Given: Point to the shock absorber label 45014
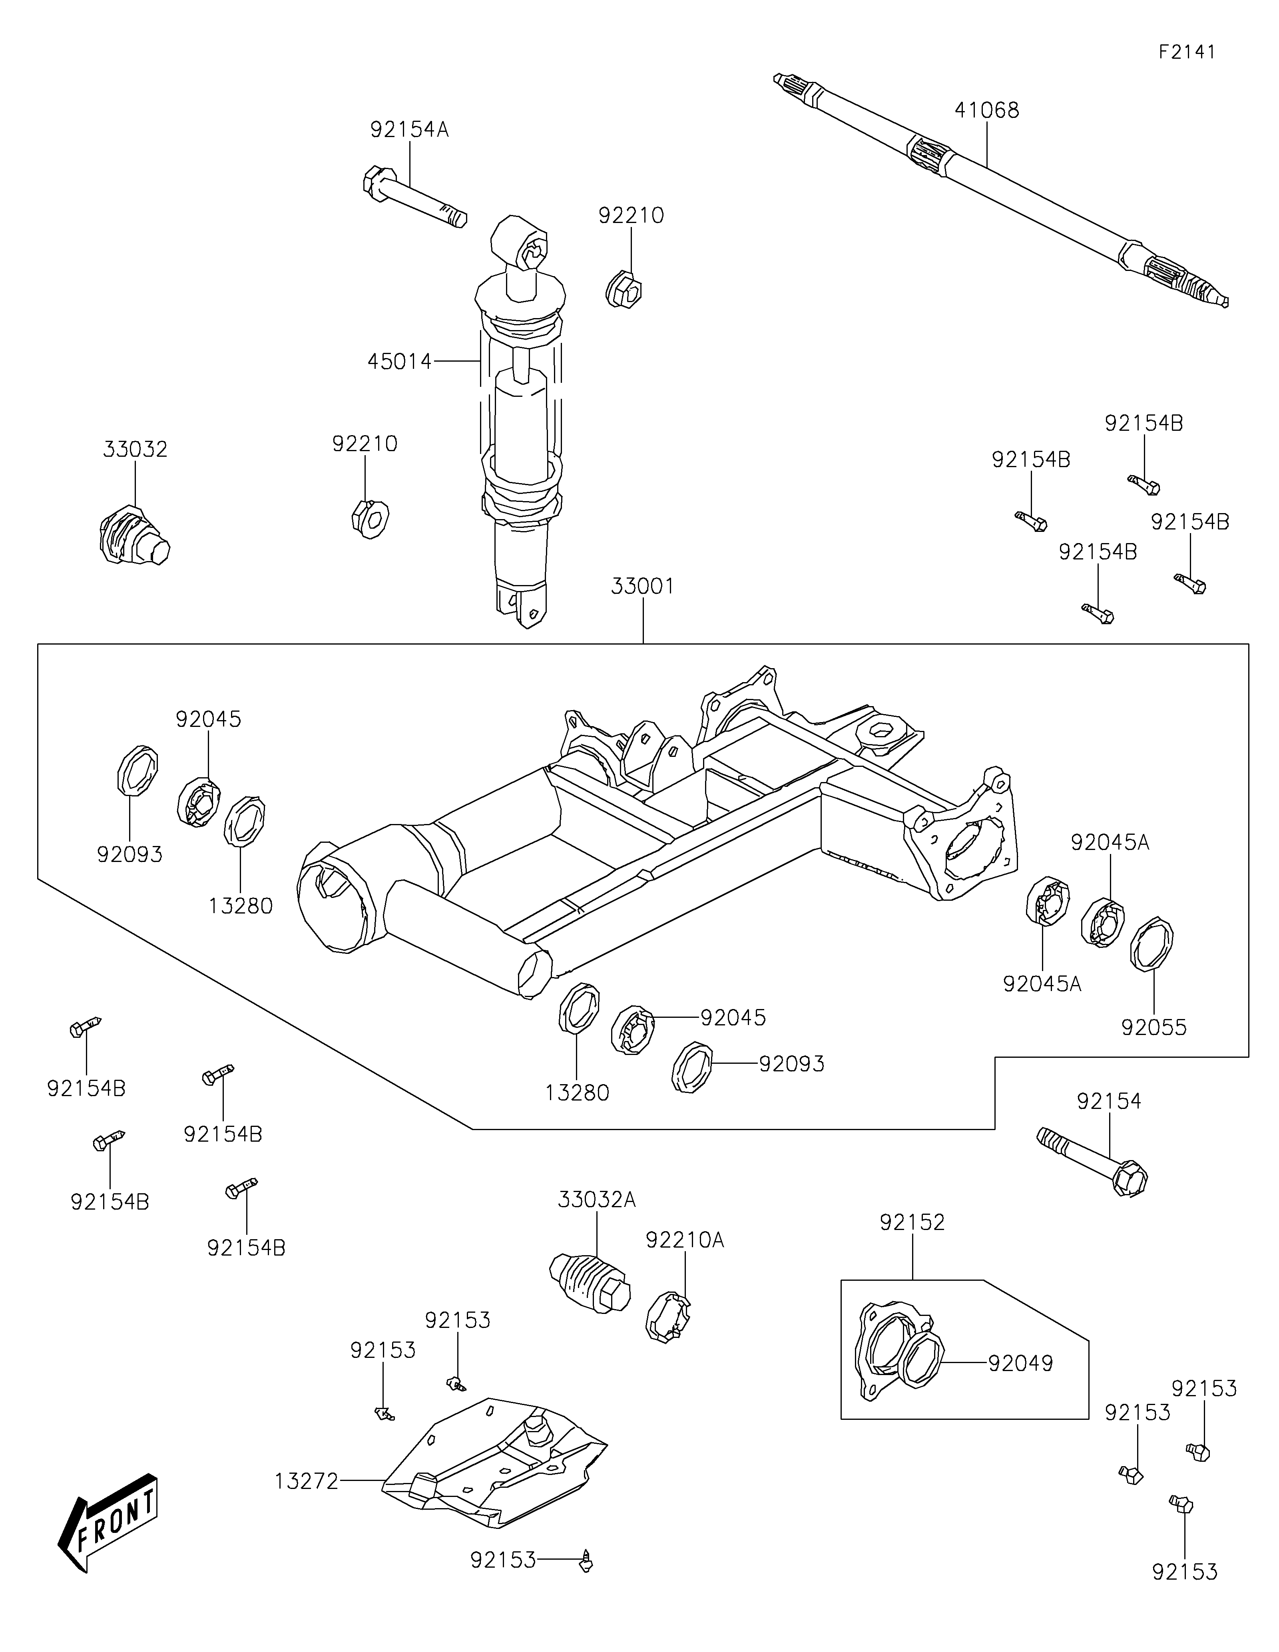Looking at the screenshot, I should click(399, 362).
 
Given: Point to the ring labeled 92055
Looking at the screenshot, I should click(1151, 943).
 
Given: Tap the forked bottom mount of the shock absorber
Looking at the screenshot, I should click(522, 605).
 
